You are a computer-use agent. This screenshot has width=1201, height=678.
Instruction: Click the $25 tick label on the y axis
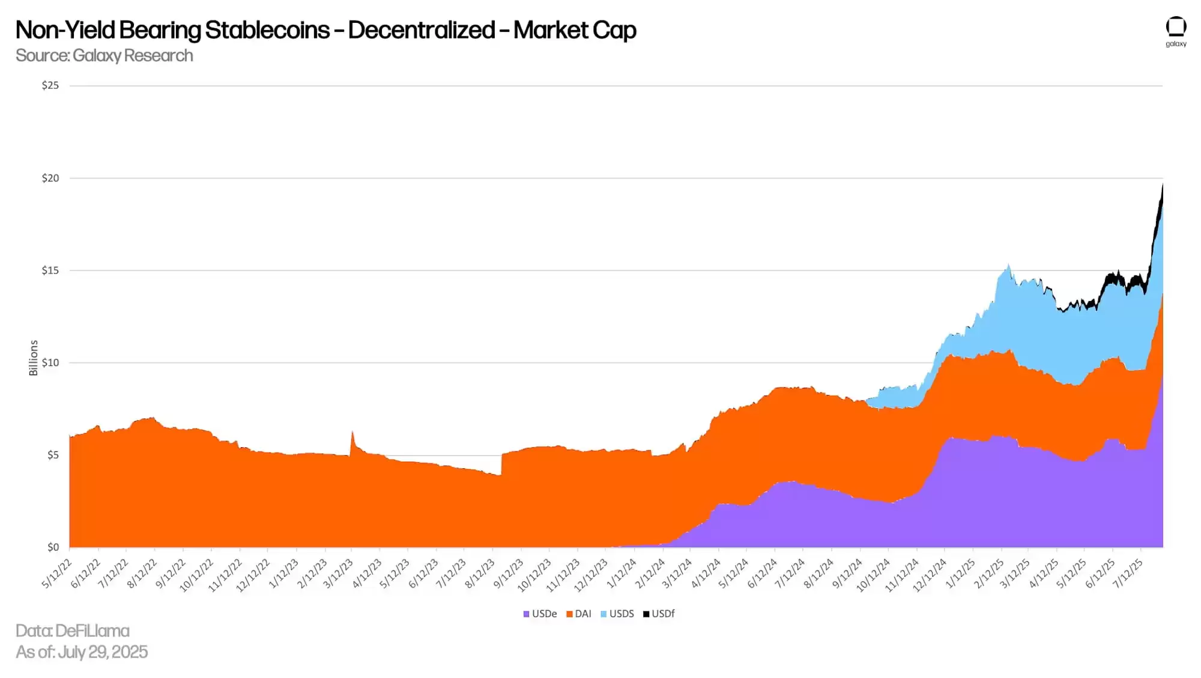pyautogui.click(x=50, y=85)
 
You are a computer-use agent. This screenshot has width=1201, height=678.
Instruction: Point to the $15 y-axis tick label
pyautogui.click(x=50, y=270)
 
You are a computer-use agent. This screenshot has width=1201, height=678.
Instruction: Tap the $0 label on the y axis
pyautogui.click(x=53, y=547)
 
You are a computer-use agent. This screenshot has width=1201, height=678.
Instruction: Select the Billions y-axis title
pyautogui.click(x=34, y=358)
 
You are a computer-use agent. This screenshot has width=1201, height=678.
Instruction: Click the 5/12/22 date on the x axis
pyautogui.click(x=57, y=573)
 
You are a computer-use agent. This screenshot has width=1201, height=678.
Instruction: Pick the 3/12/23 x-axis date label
pyautogui.click(x=339, y=573)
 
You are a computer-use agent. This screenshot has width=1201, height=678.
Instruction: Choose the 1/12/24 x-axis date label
pyautogui.click(x=622, y=573)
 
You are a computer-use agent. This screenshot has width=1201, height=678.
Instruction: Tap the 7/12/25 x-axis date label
pyautogui.click(x=1128, y=573)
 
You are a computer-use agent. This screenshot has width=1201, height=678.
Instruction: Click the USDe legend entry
pyautogui.click(x=540, y=614)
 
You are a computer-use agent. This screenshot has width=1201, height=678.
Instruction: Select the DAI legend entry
pyautogui.click(x=579, y=614)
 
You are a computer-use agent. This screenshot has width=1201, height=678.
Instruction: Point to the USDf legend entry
pyautogui.click(x=659, y=614)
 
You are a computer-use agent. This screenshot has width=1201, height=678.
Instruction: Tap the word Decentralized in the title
pyautogui.click(x=422, y=30)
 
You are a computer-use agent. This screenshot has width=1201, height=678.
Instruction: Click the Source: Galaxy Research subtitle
pyautogui.click(x=104, y=55)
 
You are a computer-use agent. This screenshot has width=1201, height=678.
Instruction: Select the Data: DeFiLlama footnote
pyautogui.click(x=73, y=631)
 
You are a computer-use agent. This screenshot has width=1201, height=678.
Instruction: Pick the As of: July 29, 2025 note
pyautogui.click(x=82, y=652)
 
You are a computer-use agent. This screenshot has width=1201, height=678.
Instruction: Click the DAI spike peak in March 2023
pyautogui.click(x=352, y=432)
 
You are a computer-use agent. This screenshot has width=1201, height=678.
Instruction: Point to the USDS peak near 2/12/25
pyautogui.click(x=1008, y=264)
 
